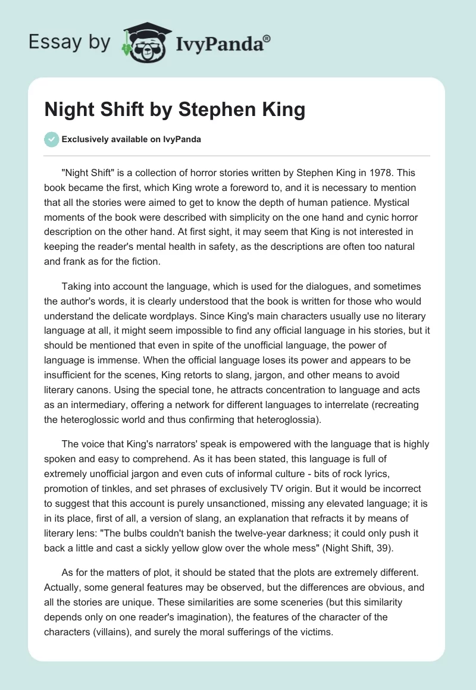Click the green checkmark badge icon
pos(51,139)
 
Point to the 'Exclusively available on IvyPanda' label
pos(131,139)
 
